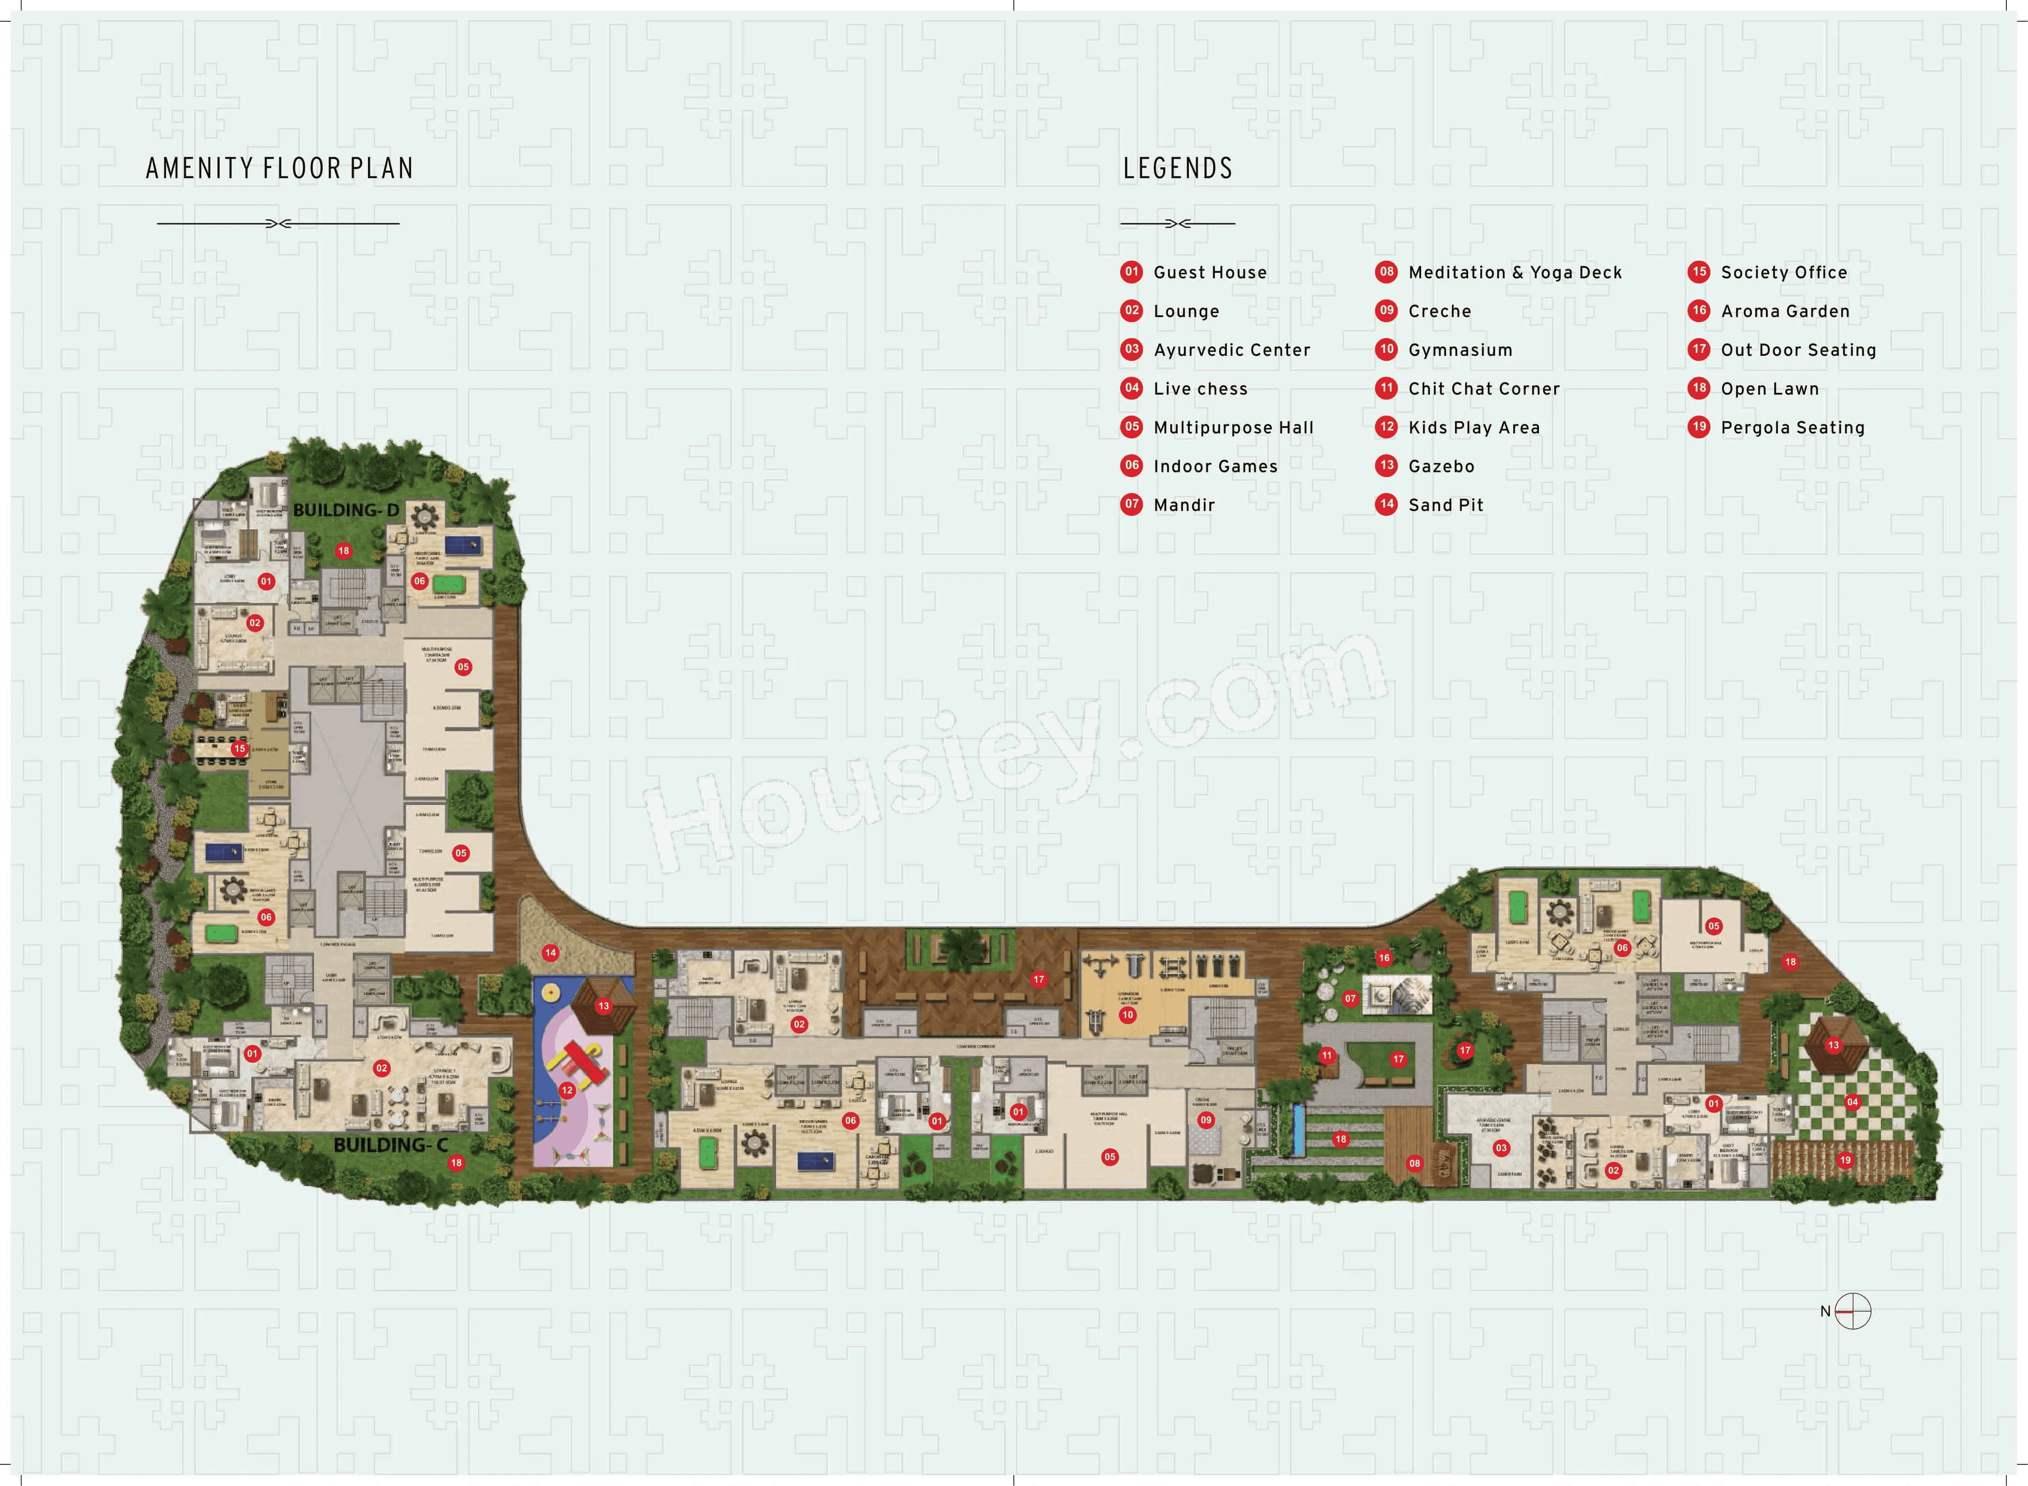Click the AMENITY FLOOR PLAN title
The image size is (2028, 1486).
pos(279,169)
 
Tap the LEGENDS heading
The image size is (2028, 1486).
pos(1177,169)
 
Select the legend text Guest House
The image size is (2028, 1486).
pos(1209,272)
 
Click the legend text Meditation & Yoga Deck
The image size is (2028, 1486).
pos(1514,272)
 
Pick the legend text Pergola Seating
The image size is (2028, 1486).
pos(1792,428)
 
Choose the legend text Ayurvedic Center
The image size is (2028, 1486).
pos(1231,350)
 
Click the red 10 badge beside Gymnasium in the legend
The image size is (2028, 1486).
pos(1386,349)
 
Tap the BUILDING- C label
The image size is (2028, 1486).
pos(390,1145)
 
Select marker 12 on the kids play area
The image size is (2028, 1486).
pos(567,1090)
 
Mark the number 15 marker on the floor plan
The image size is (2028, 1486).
pos(239,749)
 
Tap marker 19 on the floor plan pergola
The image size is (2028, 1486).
pos(1845,1160)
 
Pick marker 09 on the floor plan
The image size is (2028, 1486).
pos(1206,1120)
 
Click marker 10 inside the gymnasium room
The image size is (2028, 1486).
pos(1128,1015)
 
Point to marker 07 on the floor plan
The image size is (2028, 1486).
pos(1349,998)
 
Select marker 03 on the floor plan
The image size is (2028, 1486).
pos(1501,1148)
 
